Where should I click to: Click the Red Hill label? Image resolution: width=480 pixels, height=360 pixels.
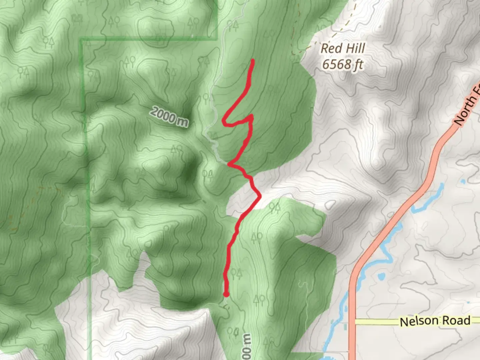coord(343,49)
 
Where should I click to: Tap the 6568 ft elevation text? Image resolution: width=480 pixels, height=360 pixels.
coord(343,64)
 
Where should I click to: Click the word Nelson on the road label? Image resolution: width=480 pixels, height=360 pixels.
coord(419,321)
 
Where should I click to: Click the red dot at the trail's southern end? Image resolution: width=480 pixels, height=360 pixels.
coord(226,294)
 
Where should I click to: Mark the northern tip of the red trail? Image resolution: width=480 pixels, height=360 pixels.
coord(253,61)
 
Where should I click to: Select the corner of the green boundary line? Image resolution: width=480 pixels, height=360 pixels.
coord(81,40)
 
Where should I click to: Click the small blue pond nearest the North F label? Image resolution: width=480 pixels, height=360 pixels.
coord(462,182)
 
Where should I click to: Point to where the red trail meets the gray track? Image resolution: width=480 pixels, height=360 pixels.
coord(229,164)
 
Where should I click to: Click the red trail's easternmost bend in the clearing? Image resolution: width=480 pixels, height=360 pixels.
coord(259,196)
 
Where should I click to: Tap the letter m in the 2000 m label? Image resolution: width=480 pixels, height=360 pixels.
coord(182,122)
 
